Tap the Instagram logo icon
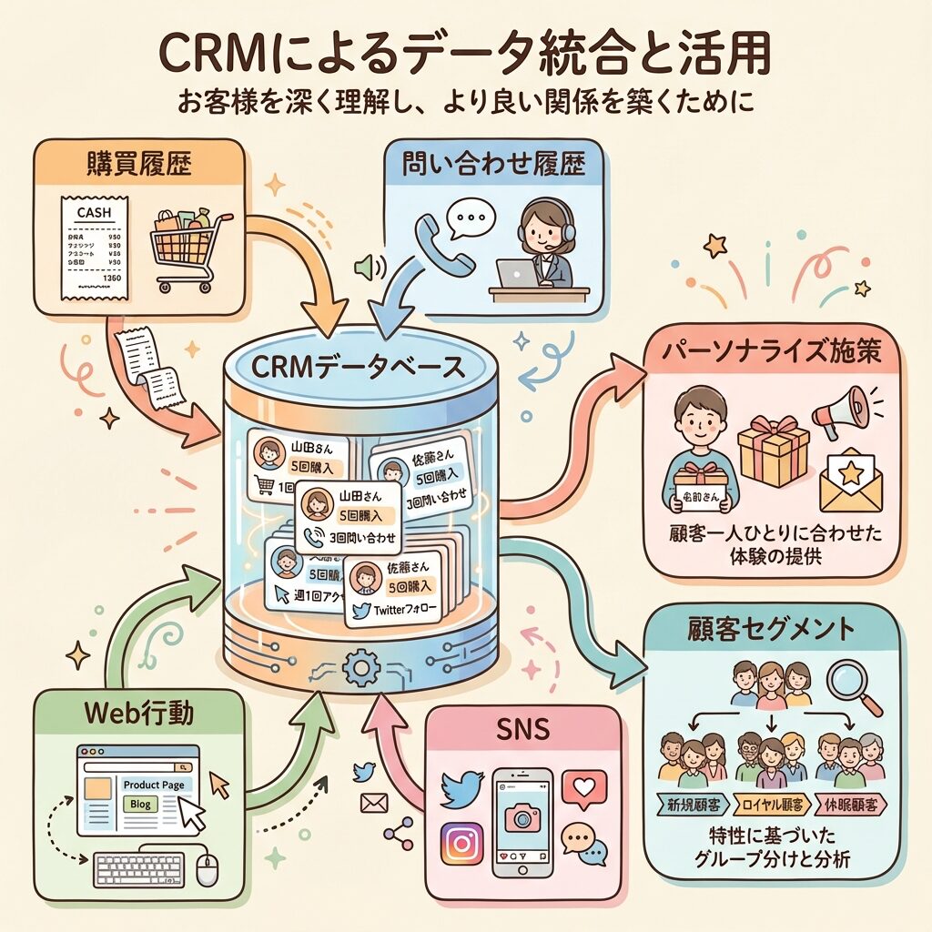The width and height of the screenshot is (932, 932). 461,844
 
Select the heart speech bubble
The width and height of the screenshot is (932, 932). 583,788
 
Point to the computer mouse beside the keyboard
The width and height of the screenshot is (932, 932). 208,870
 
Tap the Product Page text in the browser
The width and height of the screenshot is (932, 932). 154,785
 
